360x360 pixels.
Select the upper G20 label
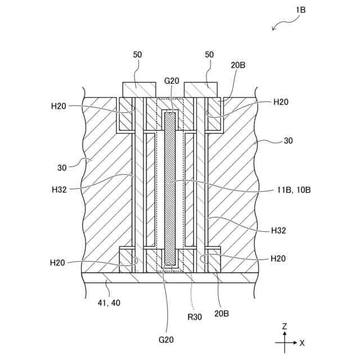point(172,80)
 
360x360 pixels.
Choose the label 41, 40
point(109,303)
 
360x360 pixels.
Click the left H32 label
point(58,190)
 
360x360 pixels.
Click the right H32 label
point(280,231)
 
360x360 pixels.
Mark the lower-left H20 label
point(59,263)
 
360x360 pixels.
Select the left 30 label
point(63,167)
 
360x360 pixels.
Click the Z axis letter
point(285,326)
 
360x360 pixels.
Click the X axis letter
point(302,343)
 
